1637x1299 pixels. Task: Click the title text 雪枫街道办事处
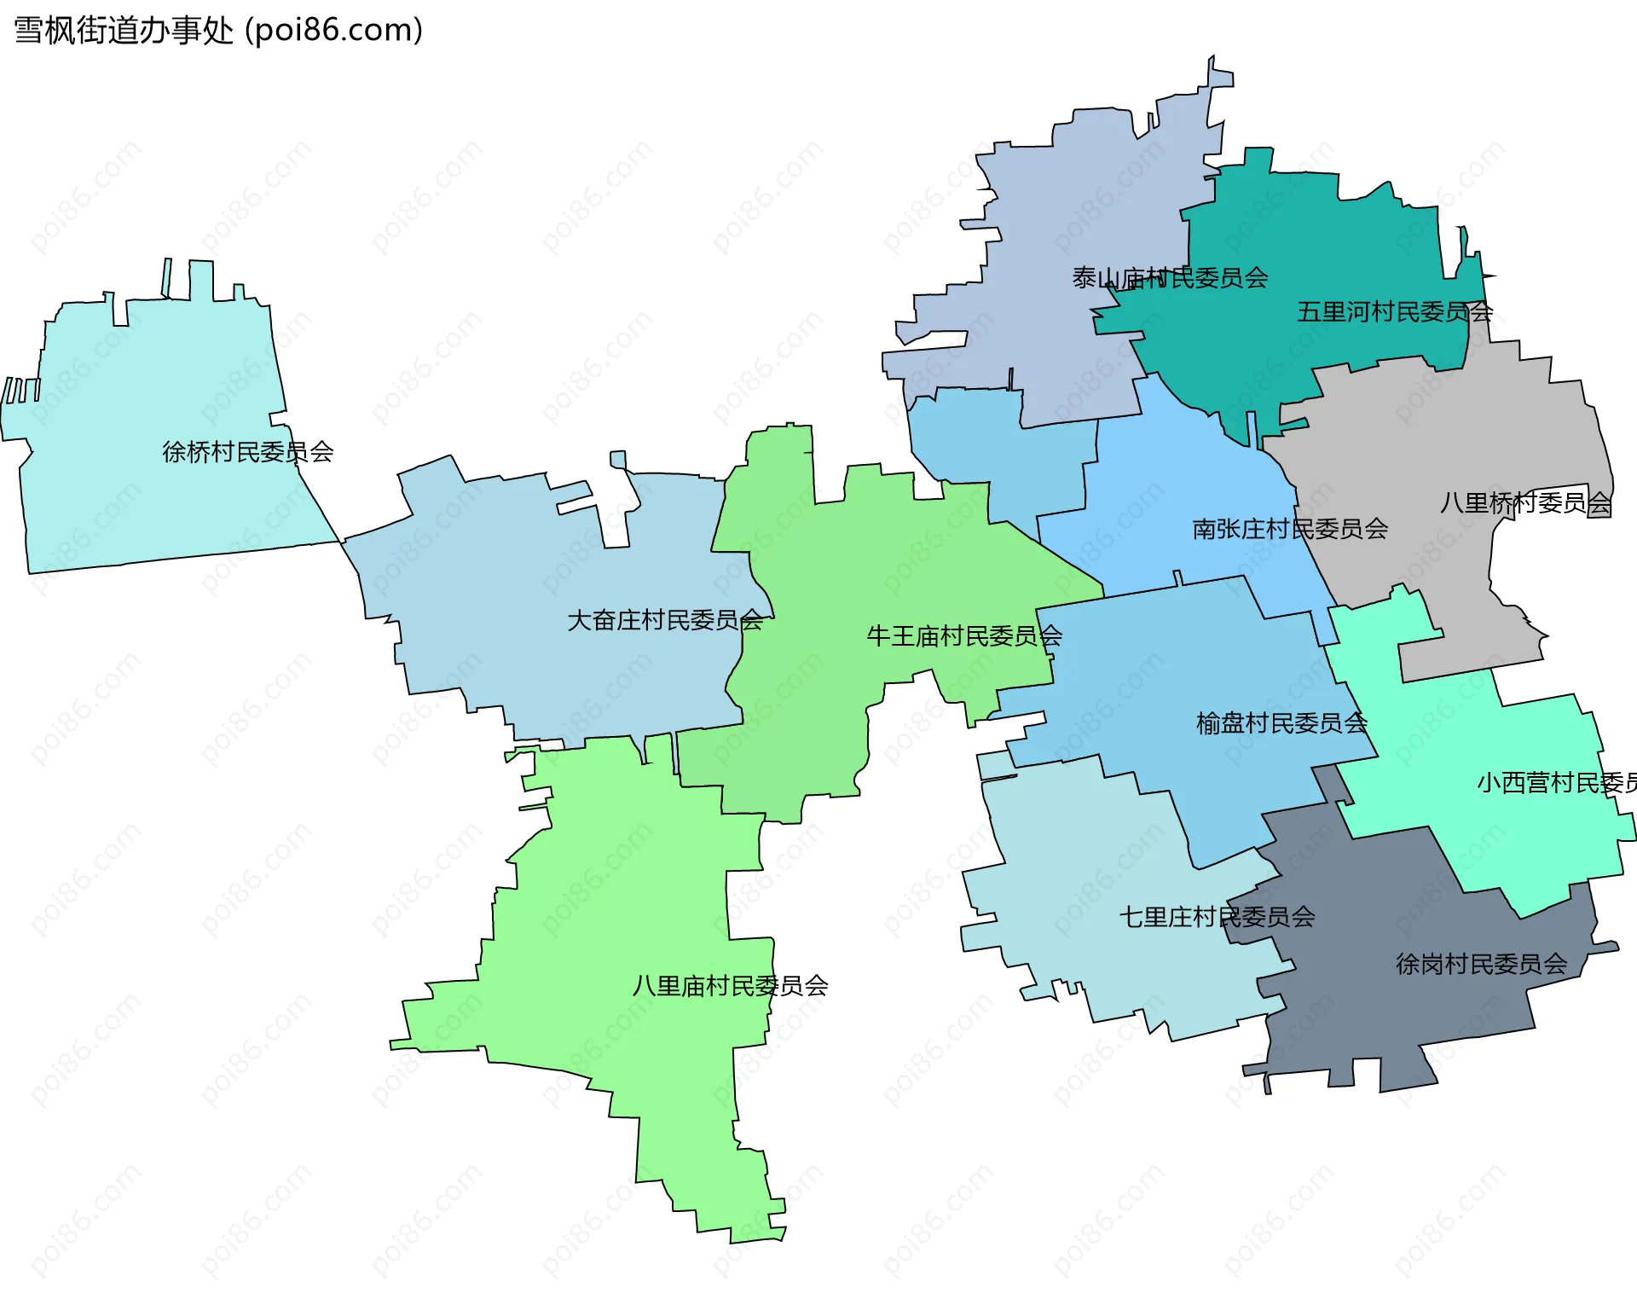click(124, 31)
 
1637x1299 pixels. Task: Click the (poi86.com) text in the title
click(334, 31)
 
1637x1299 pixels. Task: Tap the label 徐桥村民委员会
click(247, 452)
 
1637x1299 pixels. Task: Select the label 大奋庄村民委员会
click(665, 620)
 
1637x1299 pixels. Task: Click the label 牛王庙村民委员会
click(964, 636)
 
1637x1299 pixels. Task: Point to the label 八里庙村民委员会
click(730, 987)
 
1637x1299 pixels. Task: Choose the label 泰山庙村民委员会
click(1170, 278)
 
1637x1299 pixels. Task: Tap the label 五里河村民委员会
click(1395, 312)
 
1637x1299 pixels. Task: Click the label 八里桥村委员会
click(1525, 503)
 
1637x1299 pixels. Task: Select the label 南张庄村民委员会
click(1290, 530)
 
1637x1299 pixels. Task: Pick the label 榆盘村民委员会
click(1281, 724)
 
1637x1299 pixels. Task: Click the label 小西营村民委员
click(1556, 783)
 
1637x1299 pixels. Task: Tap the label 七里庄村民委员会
click(1217, 918)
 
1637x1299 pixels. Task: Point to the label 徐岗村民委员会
click(1481, 965)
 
